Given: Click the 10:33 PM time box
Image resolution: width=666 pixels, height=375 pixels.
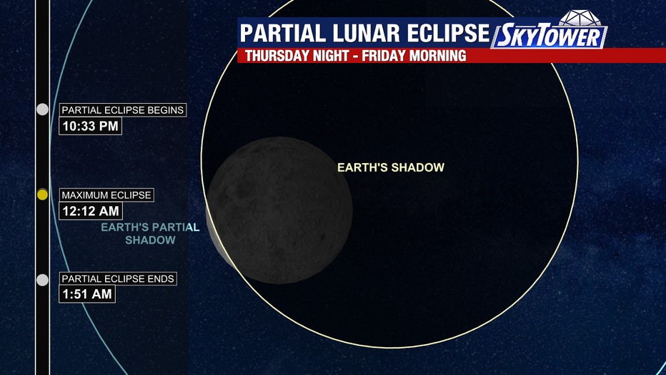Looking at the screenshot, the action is [x=91, y=126].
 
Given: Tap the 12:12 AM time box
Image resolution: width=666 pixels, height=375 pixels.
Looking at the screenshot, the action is [x=91, y=211].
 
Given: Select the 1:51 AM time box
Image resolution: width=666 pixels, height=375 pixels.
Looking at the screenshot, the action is [x=87, y=294].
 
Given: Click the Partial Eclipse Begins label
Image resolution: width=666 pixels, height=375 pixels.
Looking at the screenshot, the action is [x=123, y=110].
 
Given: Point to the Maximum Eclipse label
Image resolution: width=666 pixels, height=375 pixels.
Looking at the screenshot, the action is [x=106, y=195].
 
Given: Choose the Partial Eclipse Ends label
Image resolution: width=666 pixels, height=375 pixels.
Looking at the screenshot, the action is [x=118, y=278].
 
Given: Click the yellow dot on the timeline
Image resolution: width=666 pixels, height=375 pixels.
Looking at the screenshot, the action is [x=42, y=195].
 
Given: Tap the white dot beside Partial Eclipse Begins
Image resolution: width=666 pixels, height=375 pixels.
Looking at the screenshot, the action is [x=42, y=109].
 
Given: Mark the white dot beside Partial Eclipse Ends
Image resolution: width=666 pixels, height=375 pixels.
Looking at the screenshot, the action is [x=42, y=280].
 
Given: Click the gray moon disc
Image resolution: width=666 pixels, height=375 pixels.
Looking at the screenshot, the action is [x=279, y=210].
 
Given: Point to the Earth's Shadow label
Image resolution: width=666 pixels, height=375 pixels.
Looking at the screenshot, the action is [x=391, y=167].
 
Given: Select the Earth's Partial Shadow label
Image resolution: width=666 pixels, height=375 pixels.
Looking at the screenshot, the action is [x=150, y=233].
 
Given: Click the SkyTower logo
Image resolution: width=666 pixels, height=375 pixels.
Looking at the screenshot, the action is [x=550, y=36].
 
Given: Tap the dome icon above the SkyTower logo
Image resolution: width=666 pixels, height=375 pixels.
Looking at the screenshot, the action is [x=580, y=18].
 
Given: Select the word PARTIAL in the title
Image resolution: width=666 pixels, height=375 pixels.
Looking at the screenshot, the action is [x=283, y=33].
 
